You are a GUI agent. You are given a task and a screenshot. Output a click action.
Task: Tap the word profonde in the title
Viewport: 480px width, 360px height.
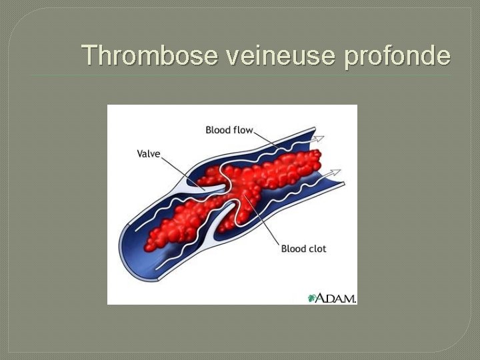(x=397, y=55)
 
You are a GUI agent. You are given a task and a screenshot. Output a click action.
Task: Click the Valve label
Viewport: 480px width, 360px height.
(x=148, y=153)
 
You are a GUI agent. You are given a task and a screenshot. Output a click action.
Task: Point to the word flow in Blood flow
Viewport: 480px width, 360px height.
(x=242, y=130)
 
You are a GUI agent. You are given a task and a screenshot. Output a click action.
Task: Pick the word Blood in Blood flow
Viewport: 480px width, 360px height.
(x=217, y=130)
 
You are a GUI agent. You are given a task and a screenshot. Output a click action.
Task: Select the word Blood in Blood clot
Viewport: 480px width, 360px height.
(x=293, y=249)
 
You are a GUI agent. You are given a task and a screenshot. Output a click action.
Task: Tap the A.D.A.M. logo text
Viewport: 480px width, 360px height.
(x=337, y=298)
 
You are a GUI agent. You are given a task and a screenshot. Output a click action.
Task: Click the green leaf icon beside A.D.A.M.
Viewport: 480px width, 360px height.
(x=311, y=298)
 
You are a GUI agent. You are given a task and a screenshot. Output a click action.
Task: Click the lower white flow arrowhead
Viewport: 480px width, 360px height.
(x=336, y=173)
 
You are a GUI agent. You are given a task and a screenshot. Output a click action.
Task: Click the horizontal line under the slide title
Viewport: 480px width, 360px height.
(x=240, y=75)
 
